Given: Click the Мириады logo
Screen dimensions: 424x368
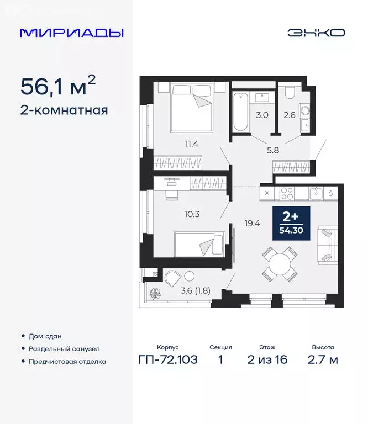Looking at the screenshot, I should pyautogui.click(x=71, y=33).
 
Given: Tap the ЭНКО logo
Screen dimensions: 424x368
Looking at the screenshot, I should pyautogui.click(x=316, y=33).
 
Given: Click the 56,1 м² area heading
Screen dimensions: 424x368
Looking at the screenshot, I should pyautogui.click(x=58, y=86).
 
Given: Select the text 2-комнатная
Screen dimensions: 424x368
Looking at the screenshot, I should pyautogui.click(x=64, y=110).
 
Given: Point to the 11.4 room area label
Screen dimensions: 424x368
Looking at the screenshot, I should pyautogui.click(x=192, y=145).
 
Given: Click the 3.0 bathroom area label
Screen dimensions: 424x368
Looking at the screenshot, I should pyautogui.click(x=262, y=115).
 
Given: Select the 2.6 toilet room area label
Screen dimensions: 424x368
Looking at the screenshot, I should pyautogui.click(x=290, y=115).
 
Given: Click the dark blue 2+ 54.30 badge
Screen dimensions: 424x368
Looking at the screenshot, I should pyautogui.click(x=291, y=223).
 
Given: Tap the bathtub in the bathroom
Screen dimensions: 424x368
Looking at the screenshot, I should pyautogui.click(x=241, y=113).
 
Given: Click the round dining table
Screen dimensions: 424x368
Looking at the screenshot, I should pyautogui.click(x=280, y=264).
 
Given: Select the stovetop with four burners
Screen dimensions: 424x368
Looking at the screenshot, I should pyautogui.click(x=289, y=193).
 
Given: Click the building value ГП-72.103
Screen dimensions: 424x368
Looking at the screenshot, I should pyautogui.click(x=167, y=361).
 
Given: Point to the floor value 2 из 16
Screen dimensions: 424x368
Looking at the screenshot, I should pyautogui.click(x=267, y=361).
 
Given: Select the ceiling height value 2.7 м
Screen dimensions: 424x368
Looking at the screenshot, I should pyautogui.click(x=322, y=361).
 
